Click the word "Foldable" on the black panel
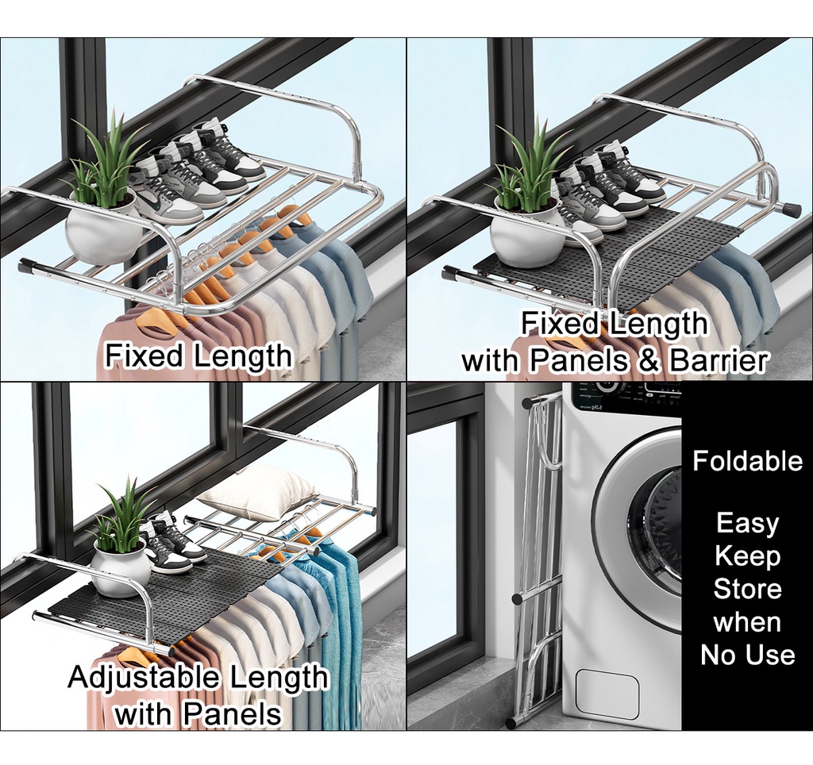[x=747, y=461]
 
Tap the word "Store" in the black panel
[x=747, y=589]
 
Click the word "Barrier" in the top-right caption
[x=719, y=360]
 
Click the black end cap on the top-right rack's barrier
[x=791, y=210]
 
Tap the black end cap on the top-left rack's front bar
[x=27, y=266]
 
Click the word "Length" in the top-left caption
[x=242, y=356]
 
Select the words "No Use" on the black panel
[x=747, y=655]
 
